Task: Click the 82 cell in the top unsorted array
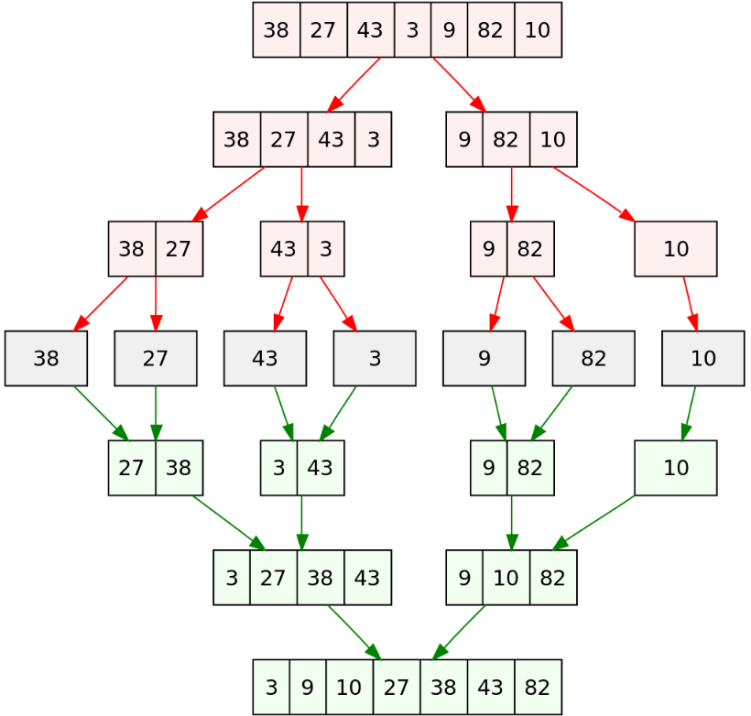tap(490, 30)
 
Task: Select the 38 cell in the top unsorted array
tap(277, 30)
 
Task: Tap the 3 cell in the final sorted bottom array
tap(271, 687)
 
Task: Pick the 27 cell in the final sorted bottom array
tap(397, 687)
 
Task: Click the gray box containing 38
tap(46, 359)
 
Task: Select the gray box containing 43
tap(265, 359)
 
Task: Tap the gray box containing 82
tap(593, 359)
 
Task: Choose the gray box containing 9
tap(484, 359)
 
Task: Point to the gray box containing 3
tap(375, 359)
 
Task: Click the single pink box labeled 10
tap(676, 249)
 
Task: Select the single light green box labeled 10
tap(676, 468)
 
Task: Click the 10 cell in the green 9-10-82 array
tap(506, 578)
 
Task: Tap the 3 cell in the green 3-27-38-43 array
tap(232, 578)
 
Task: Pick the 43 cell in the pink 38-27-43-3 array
tap(332, 140)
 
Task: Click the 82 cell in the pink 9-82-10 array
tap(506, 140)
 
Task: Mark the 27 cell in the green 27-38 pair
tap(132, 468)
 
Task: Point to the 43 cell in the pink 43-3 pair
tap(284, 249)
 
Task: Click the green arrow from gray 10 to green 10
tap(689, 413)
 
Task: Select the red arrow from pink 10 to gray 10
tap(689, 303)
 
